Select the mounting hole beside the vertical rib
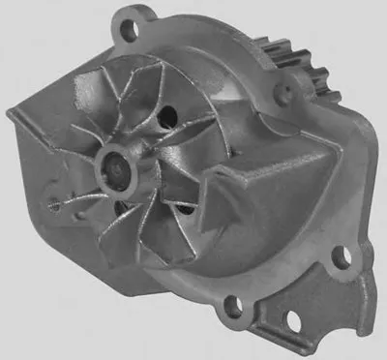[339, 257]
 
